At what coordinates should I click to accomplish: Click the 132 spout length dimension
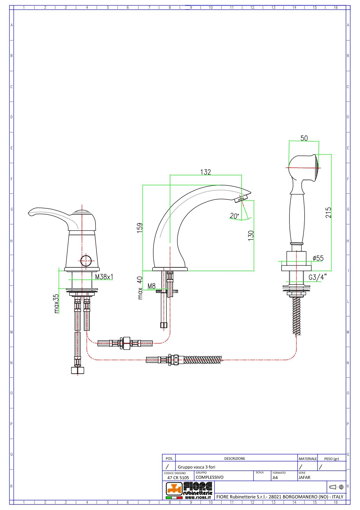(x=206, y=172)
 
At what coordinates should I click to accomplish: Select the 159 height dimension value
(x=140, y=227)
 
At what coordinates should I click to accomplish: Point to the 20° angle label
(x=234, y=216)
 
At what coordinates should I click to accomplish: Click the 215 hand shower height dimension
(x=328, y=212)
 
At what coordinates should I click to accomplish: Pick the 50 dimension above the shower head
(x=304, y=138)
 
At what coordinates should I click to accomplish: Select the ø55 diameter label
(x=318, y=258)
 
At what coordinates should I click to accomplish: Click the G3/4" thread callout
(x=317, y=277)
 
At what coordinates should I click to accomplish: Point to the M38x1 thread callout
(x=104, y=277)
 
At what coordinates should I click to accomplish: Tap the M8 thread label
(x=152, y=286)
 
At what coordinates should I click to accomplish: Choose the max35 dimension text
(x=56, y=303)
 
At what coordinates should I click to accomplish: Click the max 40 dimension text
(x=140, y=288)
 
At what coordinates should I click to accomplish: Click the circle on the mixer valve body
(x=86, y=260)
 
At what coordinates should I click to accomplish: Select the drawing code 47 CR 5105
(x=178, y=477)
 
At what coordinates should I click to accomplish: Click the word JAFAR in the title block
(x=304, y=477)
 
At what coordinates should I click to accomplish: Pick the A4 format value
(x=275, y=477)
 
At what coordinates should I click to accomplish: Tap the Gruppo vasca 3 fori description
(x=197, y=467)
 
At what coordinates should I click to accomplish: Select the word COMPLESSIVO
(x=210, y=477)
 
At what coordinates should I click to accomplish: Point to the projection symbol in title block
(x=336, y=487)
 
